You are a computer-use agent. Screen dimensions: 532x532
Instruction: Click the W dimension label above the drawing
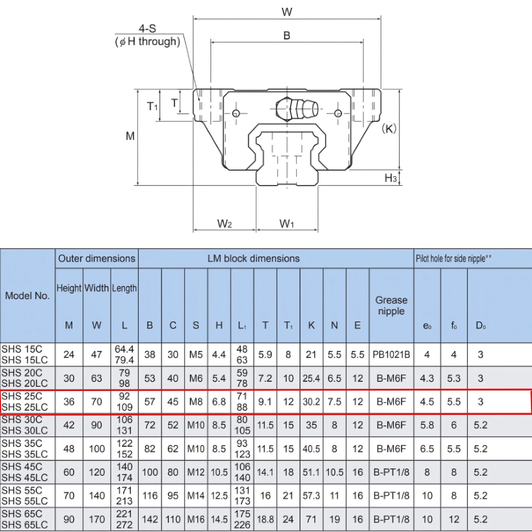(x=287, y=11)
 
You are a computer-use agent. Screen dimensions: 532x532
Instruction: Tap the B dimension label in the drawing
(x=287, y=36)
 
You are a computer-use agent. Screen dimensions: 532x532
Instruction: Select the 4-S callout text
(x=147, y=28)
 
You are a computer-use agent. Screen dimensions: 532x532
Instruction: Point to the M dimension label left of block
(x=130, y=136)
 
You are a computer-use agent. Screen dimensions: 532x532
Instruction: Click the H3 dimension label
(x=390, y=178)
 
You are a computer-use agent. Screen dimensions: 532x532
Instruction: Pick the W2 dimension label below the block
(x=225, y=224)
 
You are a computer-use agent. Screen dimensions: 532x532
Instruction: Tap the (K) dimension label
(x=389, y=129)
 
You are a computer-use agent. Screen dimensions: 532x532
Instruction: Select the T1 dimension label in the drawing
(x=152, y=106)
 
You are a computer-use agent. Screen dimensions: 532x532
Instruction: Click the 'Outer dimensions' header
(x=97, y=259)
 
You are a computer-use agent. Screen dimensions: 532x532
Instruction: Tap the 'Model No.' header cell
(x=28, y=296)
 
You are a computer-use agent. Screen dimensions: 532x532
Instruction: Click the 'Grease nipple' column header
(x=391, y=305)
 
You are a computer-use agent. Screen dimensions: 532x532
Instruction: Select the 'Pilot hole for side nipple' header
(x=453, y=259)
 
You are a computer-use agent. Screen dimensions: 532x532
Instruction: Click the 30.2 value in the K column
(x=311, y=402)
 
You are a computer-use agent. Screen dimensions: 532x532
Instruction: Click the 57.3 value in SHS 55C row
(x=311, y=496)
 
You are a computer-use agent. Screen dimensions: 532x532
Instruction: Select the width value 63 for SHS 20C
(x=97, y=378)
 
